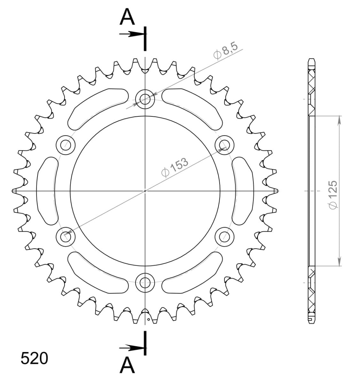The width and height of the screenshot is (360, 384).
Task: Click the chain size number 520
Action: [x=35, y=358]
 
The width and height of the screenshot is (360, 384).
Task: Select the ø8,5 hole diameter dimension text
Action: [x=226, y=52]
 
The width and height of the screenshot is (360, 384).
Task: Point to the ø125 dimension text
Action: [x=333, y=195]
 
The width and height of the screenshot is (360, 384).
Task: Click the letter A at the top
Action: [x=127, y=18]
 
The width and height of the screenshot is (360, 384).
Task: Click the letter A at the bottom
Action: [x=127, y=365]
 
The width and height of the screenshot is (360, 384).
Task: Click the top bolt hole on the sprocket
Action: [x=145, y=99]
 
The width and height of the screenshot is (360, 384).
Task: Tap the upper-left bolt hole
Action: [x=66, y=145]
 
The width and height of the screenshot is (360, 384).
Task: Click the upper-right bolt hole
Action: [x=224, y=145]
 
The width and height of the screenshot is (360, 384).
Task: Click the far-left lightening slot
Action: [x=47, y=191]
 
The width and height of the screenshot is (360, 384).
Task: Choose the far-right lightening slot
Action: [x=243, y=191]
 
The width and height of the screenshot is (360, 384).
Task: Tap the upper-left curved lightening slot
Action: [x=96, y=107]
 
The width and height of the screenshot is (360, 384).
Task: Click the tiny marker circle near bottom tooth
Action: [x=148, y=319]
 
